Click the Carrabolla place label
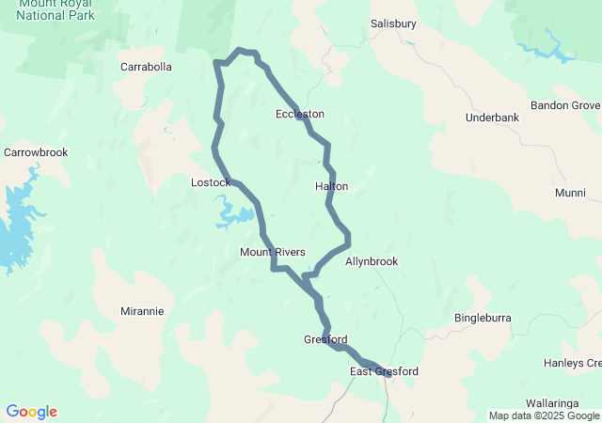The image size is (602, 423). pyautogui.click(x=146, y=67)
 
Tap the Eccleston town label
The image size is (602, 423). pyautogui.click(x=299, y=114)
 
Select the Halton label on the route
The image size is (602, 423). pyautogui.click(x=331, y=186)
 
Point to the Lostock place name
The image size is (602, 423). pyautogui.click(x=210, y=181)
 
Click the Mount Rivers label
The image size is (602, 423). pyautogui.click(x=273, y=252)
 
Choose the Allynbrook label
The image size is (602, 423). pyautogui.click(x=372, y=261)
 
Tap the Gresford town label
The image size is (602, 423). pyautogui.click(x=325, y=339)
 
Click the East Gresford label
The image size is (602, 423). pyautogui.click(x=384, y=372)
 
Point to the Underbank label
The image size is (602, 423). pyautogui.click(x=492, y=117)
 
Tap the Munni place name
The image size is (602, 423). pyautogui.click(x=569, y=193)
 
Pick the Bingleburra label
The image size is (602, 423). pyautogui.click(x=483, y=318)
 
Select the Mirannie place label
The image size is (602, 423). pyautogui.click(x=142, y=310)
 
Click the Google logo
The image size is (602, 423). pyautogui.click(x=31, y=412)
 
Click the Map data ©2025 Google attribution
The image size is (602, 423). pyautogui.click(x=544, y=415)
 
